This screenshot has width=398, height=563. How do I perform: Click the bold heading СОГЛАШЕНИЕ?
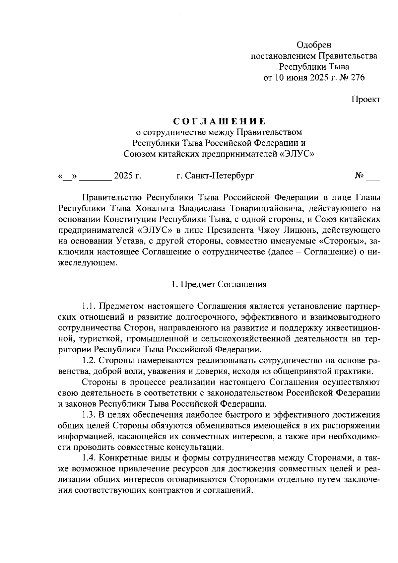219,121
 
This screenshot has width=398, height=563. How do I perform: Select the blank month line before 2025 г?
95,176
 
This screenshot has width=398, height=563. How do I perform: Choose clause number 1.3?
89,415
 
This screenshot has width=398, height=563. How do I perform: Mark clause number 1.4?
89,458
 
